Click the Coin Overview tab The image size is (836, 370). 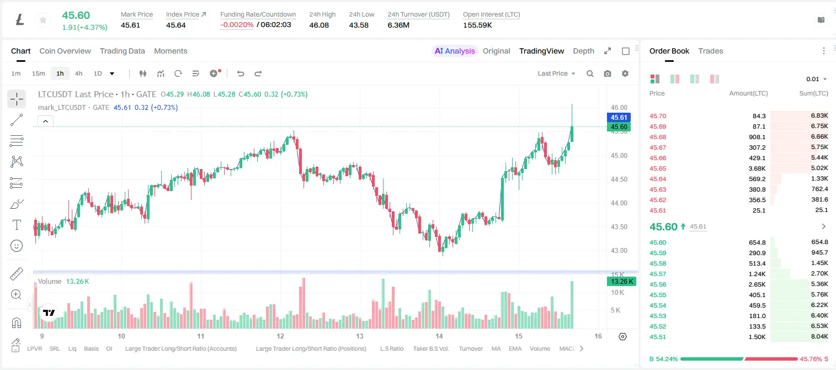pyautogui.click(x=65, y=51)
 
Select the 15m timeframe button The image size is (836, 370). pyautogui.click(x=39, y=73)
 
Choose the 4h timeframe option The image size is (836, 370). pyautogui.click(x=78, y=73)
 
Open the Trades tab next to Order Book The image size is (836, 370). pyautogui.click(x=711, y=51)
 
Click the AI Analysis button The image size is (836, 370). pyautogui.click(x=455, y=51)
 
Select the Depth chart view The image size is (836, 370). pyautogui.click(x=583, y=51)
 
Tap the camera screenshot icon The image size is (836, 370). pyautogui.click(x=608, y=73)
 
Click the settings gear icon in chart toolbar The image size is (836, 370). pyautogui.click(x=625, y=73)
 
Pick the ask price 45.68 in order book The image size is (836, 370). pyautogui.click(x=658, y=137)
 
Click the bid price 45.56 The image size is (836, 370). pyautogui.click(x=658, y=284)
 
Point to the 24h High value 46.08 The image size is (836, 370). pyautogui.click(x=319, y=25)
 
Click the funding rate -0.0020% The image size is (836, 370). pyautogui.click(x=237, y=25)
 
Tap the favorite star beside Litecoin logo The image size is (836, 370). pyautogui.click(x=43, y=20)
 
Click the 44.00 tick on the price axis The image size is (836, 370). pyautogui.click(x=619, y=203)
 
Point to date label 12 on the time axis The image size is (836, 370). pyautogui.click(x=280, y=336)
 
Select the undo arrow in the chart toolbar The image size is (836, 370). pyautogui.click(x=241, y=73)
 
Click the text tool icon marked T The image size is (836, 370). pyautogui.click(x=17, y=225)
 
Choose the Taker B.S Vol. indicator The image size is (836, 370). pyautogui.click(x=431, y=348)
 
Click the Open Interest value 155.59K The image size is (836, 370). pyautogui.click(x=477, y=25)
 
